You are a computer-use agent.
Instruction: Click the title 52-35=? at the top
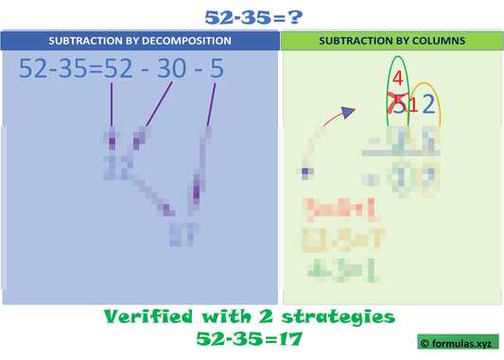pos(252,15)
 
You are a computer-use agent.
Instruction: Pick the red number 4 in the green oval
pos(399,78)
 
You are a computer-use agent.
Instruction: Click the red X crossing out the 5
pos(398,105)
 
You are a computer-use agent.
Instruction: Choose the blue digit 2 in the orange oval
pos(428,105)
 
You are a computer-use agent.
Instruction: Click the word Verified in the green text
pos(146,315)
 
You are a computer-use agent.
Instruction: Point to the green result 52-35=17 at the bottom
pos(251,336)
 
